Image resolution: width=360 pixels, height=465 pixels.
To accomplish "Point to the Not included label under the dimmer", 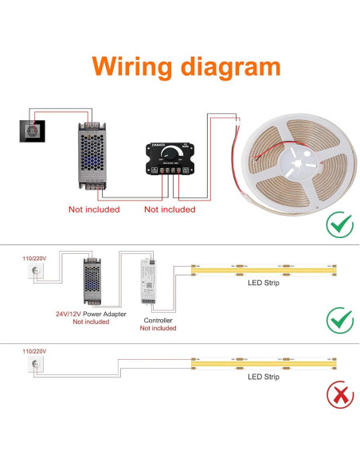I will [x=169, y=209].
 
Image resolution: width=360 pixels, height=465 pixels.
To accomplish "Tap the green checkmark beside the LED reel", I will [x=340, y=225].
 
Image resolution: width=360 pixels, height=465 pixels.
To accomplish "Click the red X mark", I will [x=340, y=394].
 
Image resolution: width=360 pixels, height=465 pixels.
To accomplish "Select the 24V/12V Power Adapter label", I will [x=90, y=314].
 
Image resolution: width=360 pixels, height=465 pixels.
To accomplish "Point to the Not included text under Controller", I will [x=158, y=329].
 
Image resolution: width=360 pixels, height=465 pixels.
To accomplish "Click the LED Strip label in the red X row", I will [x=264, y=377].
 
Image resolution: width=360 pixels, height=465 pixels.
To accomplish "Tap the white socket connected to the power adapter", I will [x=34, y=272].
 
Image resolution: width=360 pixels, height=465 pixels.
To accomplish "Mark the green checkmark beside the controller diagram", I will [x=340, y=319].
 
